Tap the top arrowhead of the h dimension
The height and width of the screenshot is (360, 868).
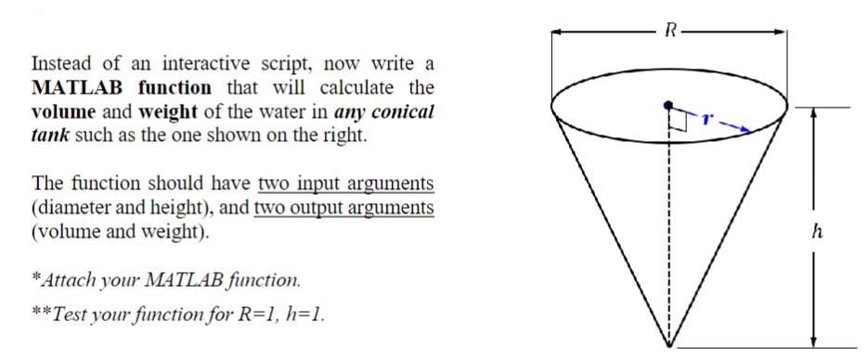point(813,111)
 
